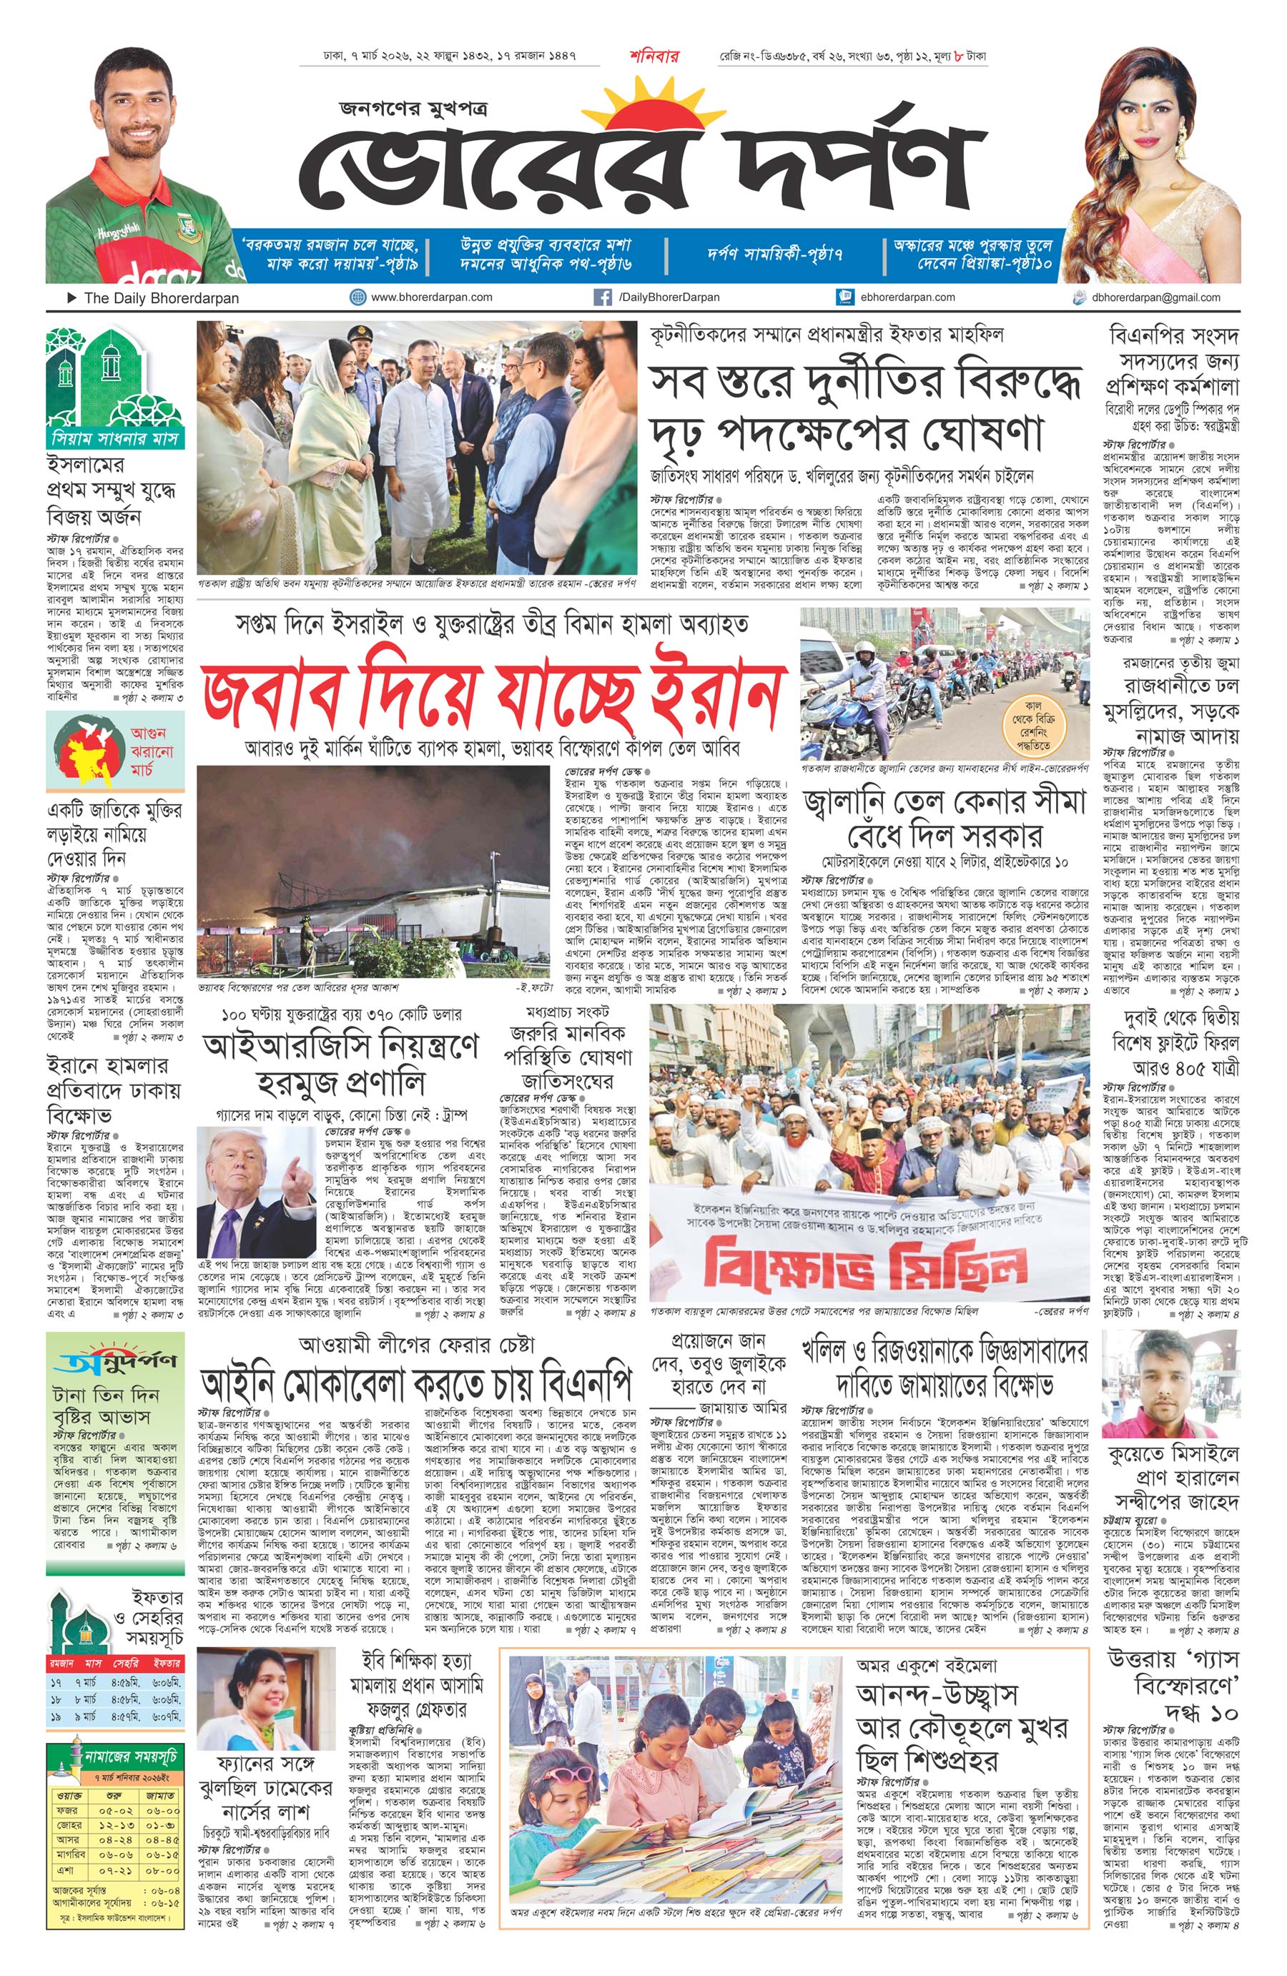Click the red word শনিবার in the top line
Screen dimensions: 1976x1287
click(654, 57)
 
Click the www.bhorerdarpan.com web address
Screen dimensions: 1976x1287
click(431, 297)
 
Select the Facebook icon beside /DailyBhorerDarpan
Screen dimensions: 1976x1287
click(603, 297)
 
